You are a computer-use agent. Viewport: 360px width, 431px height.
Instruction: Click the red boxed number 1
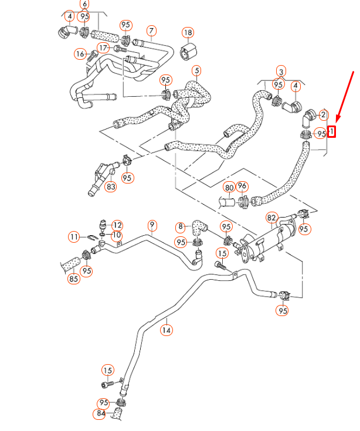click(331, 132)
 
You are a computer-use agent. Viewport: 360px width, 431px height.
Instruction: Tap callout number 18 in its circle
click(188, 32)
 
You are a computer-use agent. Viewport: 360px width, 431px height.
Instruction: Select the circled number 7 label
click(151, 30)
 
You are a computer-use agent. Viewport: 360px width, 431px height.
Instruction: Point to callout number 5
click(196, 72)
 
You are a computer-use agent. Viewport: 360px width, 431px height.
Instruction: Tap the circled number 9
click(152, 225)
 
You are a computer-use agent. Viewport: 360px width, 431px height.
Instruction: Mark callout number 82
click(271, 218)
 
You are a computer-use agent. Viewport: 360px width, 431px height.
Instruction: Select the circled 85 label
click(73, 279)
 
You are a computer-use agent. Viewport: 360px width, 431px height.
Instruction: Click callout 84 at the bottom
click(101, 414)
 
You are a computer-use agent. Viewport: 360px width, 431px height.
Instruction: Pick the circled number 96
click(242, 187)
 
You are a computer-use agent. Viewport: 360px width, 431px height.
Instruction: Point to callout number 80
click(229, 188)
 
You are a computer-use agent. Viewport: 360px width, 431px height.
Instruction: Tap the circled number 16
click(80, 54)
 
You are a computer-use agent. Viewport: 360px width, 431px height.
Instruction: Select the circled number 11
click(73, 237)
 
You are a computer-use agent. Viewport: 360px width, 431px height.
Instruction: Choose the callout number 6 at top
click(85, 4)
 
